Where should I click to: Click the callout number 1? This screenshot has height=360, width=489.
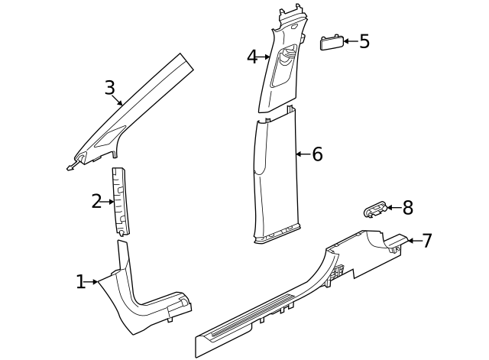point(81,282)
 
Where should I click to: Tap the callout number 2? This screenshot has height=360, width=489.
point(96,202)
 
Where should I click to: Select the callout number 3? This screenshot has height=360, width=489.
point(110,88)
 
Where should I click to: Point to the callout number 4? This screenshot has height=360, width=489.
point(252,57)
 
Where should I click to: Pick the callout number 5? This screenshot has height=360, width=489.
point(364,41)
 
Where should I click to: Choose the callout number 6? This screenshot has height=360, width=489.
point(317,154)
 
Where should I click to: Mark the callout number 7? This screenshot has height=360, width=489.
point(426,241)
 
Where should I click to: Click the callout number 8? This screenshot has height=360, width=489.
point(407,207)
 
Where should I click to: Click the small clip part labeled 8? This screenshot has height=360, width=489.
point(374,208)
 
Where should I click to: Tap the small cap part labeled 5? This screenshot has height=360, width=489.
point(330,41)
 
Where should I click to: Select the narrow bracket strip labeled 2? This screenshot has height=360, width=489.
point(121,200)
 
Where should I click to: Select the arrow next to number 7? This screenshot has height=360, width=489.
point(410,241)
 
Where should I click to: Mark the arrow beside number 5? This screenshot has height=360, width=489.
point(348,41)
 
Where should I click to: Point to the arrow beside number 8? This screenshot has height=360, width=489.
point(392,207)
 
